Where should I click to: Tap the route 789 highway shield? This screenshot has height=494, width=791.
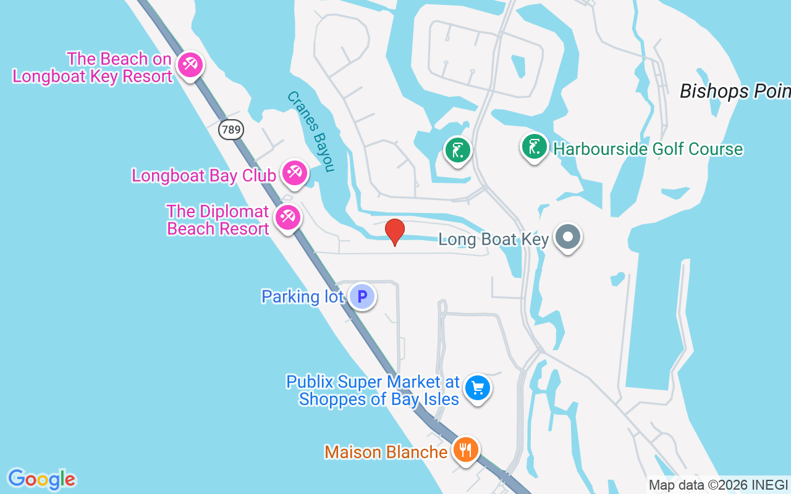pyautogui.click(x=231, y=130)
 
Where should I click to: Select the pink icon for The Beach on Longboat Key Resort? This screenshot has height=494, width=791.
pyautogui.click(x=189, y=65)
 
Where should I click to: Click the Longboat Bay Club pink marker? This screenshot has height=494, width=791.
pyautogui.click(x=294, y=173)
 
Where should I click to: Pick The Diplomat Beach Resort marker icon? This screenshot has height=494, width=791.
pyautogui.click(x=287, y=217)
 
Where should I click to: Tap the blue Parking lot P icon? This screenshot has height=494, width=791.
pyautogui.click(x=362, y=296)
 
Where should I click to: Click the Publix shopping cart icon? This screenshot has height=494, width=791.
pyautogui.click(x=477, y=388)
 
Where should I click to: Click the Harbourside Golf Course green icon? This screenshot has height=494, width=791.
pyautogui.click(x=534, y=147)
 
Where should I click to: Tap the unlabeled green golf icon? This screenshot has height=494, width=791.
pyautogui.click(x=457, y=150)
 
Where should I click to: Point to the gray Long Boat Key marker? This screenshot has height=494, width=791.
pyautogui.click(x=567, y=237)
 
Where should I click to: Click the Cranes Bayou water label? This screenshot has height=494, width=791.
pyautogui.click(x=311, y=132)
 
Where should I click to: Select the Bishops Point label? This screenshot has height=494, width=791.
pyautogui.click(x=735, y=91)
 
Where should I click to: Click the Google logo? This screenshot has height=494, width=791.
pyautogui.click(x=41, y=479)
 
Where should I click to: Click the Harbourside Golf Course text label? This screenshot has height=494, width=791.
pyautogui.click(x=648, y=149)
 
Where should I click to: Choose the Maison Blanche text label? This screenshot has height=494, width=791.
pyautogui.click(x=386, y=452)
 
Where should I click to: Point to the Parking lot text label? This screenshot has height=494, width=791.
pyautogui.click(x=302, y=296)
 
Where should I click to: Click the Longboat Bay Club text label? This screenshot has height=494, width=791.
pyautogui.click(x=204, y=175)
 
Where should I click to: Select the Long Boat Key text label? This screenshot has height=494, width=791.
pyautogui.click(x=493, y=239)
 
